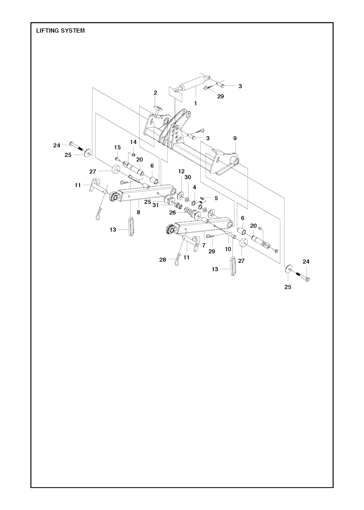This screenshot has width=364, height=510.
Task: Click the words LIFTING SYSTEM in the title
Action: [x=60, y=31]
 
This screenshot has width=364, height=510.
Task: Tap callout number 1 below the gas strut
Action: [x=195, y=103]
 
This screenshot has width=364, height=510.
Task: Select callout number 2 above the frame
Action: [x=155, y=93]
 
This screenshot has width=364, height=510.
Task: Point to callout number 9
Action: [x=235, y=138]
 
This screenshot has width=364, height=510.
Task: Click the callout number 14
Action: [x=133, y=142]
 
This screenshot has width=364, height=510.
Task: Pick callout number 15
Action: [x=117, y=147]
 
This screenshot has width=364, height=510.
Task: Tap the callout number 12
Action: [x=181, y=171]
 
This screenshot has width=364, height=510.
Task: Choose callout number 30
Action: [x=188, y=177]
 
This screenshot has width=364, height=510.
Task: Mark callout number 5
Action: [x=216, y=198]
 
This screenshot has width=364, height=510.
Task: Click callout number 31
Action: [x=156, y=205]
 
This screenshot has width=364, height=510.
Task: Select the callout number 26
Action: [x=172, y=213]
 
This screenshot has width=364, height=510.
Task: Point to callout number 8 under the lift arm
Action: [x=138, y=212]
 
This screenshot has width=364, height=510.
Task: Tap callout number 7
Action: [x=204, y=245]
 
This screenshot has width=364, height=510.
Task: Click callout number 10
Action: [x=228, y=249]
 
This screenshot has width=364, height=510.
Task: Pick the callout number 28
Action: [x=162, y=260]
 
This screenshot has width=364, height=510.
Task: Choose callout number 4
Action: [x=194, y=187]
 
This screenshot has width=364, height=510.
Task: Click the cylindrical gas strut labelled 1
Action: [x=192, y=83]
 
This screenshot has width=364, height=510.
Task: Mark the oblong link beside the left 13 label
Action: [x=130, y=227]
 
